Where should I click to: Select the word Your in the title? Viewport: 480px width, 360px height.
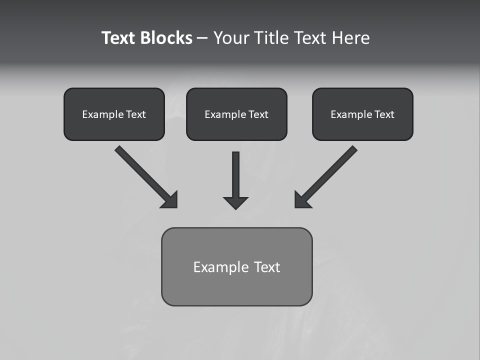click(231, 38)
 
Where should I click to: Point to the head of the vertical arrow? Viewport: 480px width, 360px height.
click(235, 202)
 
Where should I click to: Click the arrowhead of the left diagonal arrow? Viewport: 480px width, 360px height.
click(171, 201)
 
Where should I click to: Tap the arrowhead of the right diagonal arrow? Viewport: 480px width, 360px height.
click(301, 201)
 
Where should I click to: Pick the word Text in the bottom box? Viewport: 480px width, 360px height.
click(267, 267)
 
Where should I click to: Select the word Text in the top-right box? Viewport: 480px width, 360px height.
click(384, 114)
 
